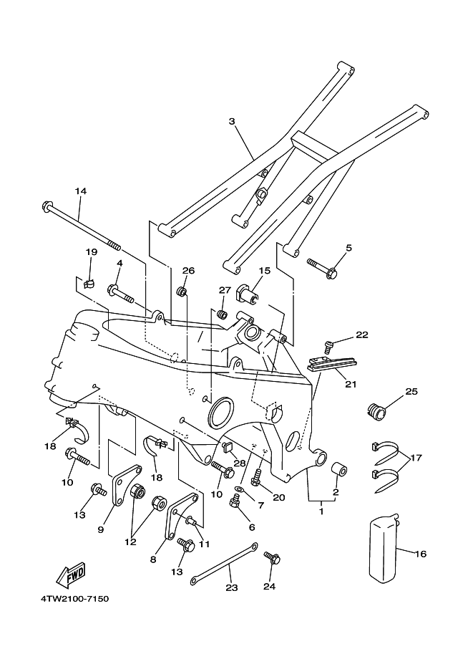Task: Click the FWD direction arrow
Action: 70,574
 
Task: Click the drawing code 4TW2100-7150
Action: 74,600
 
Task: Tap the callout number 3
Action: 232,121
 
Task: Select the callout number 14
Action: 81,191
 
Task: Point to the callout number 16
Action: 421,554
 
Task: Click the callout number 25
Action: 411,391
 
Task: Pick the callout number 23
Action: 232,587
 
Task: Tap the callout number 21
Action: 351,384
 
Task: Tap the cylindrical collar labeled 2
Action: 338,470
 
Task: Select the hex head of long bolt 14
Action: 47,206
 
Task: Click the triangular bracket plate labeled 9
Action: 126,486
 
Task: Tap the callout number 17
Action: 416,458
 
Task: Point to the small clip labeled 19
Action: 88,284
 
